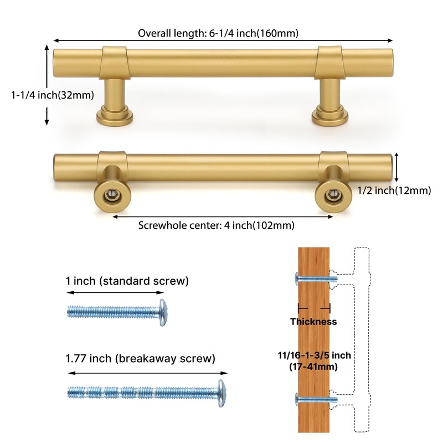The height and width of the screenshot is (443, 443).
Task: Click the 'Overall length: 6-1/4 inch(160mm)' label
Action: [218, 33]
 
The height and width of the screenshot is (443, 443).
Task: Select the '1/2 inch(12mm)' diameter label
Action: [394, 190]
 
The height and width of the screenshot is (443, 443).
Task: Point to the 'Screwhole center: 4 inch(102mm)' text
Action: [216, 225]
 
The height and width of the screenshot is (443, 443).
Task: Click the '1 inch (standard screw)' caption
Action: [127, 281]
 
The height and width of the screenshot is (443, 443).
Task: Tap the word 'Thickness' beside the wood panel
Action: [313, 321]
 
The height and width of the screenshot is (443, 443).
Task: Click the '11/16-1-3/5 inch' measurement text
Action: [313, 355]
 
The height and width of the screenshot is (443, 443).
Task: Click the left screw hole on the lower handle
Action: [112, 195]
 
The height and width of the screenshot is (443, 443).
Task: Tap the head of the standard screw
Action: [163, 312]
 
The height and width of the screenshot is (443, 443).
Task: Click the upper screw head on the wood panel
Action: [296, 277]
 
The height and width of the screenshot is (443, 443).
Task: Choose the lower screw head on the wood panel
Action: [296, 398]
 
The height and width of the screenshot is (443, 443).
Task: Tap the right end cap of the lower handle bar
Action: [394, 167]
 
